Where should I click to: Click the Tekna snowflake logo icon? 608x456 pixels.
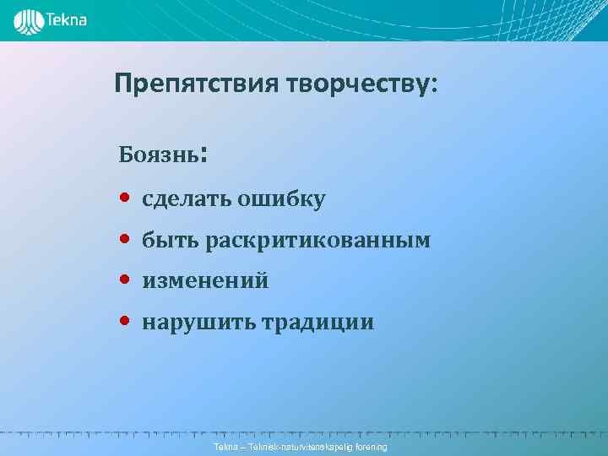[30, 21]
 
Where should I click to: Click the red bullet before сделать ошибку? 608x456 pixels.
[124, 199]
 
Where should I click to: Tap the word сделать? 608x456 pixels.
[187, 199]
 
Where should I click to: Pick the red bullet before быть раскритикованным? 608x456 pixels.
[124, 240]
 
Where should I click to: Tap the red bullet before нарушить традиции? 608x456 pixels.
[124, 321]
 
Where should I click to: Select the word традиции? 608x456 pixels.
[318, 323]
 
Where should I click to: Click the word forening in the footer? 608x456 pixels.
[370, 446]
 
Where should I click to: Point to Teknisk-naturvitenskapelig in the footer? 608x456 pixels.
[298, 446]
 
